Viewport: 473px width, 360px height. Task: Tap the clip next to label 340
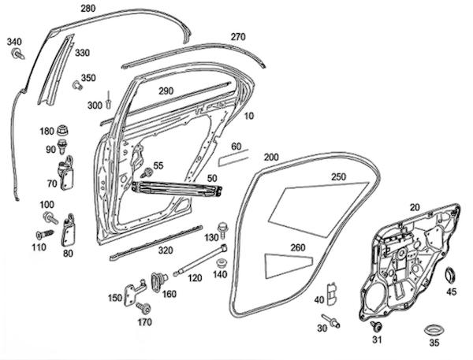point(17,54)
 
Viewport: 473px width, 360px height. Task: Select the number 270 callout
point(238,37)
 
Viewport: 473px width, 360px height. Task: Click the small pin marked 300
point(111,101)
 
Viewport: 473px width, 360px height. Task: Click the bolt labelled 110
point(43,234)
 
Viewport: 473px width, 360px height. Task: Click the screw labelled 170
point(143,306)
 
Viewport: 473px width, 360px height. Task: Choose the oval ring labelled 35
point(431,326)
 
